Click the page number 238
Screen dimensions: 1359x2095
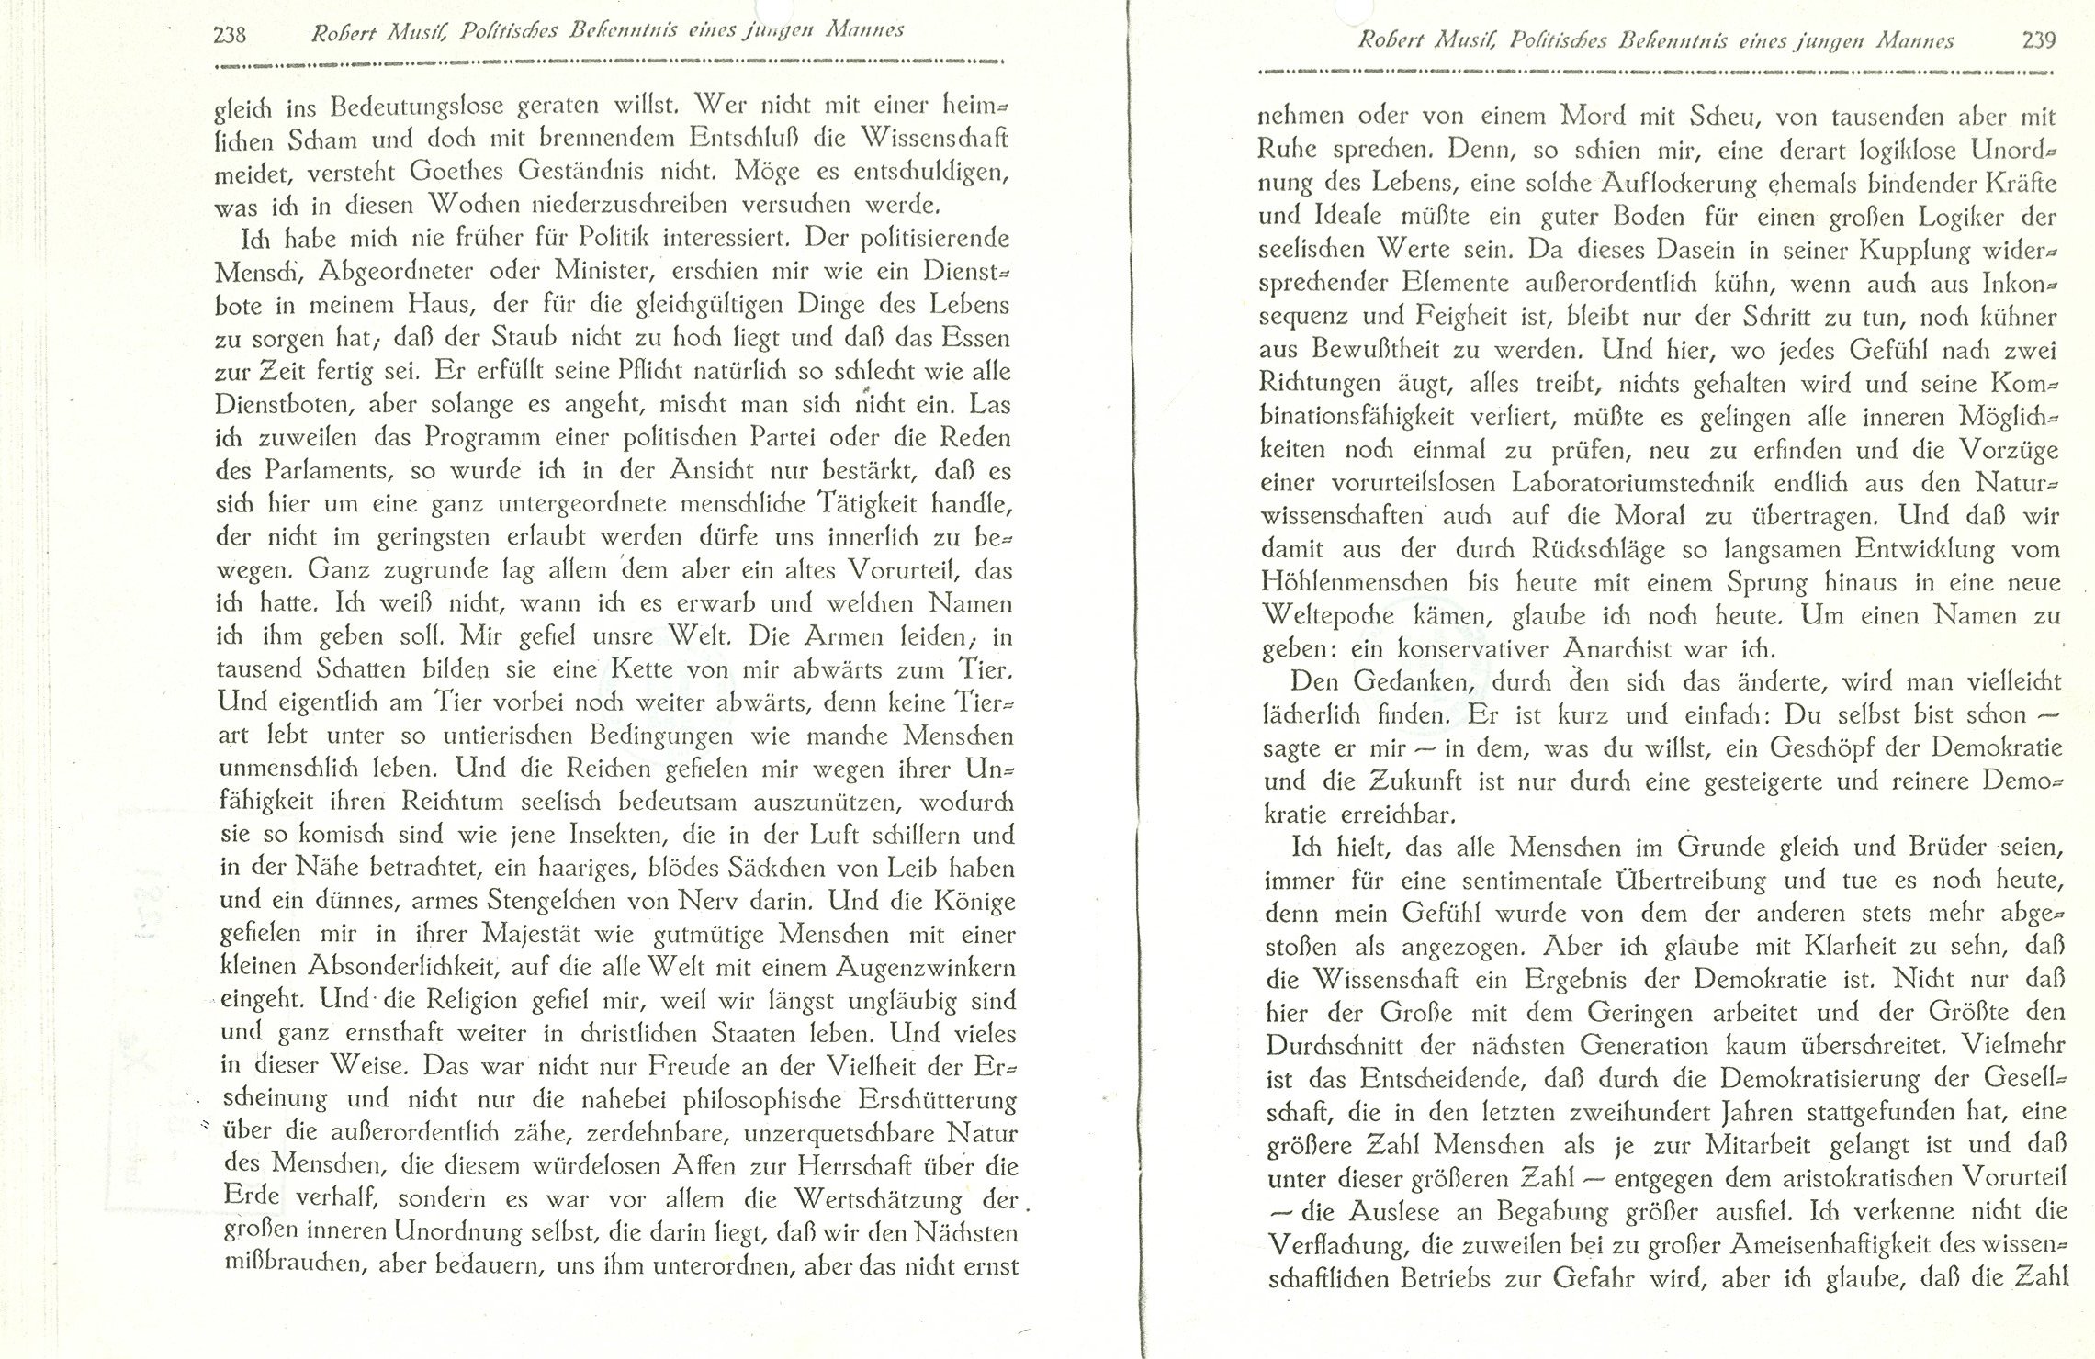229,35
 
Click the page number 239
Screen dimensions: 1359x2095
2037,40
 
